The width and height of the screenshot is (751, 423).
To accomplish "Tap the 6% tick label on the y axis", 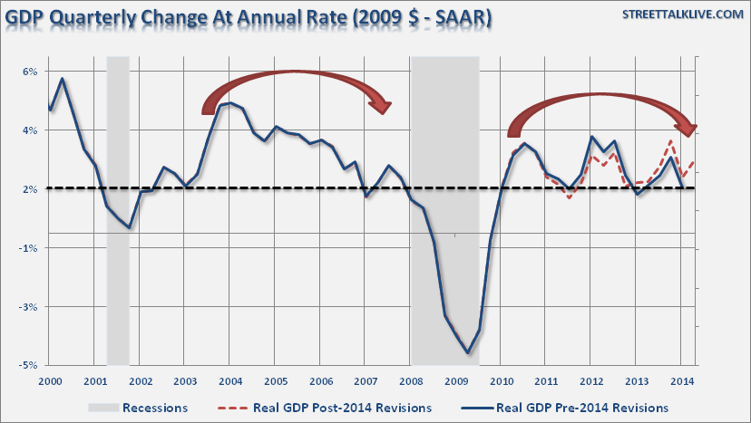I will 29,72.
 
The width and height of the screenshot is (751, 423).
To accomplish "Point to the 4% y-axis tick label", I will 29,130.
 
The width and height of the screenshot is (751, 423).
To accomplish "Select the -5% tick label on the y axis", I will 28,365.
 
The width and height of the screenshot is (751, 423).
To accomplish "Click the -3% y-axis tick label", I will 28,306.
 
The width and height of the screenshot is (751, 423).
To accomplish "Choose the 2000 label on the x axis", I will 51,380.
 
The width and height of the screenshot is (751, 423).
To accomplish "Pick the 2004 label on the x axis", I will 230,380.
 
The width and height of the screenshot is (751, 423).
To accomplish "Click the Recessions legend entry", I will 154,407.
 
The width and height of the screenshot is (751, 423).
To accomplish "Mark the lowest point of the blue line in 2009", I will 467,352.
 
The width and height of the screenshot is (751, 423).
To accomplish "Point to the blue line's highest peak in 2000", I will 62,79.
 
